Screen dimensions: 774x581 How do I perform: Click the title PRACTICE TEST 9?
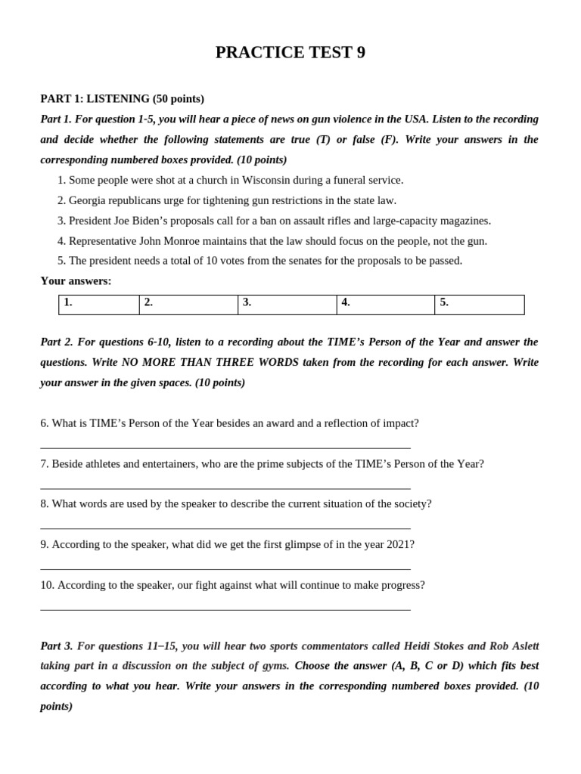click(290, 52)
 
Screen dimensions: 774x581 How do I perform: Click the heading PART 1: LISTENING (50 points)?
click(122, 98)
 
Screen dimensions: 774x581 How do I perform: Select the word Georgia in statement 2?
click(88, 200)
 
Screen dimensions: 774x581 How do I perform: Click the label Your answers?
click(76, 281)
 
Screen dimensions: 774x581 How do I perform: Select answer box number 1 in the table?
click(99, 305)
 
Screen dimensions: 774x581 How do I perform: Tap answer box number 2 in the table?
click(188, 305)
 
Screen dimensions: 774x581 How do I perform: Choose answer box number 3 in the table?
click(287, 305)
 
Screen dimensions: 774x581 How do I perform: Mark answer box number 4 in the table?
click(385, 305)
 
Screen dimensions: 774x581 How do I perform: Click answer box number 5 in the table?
click(479, 305)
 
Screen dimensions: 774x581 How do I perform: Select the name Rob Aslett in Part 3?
click(514, 646)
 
